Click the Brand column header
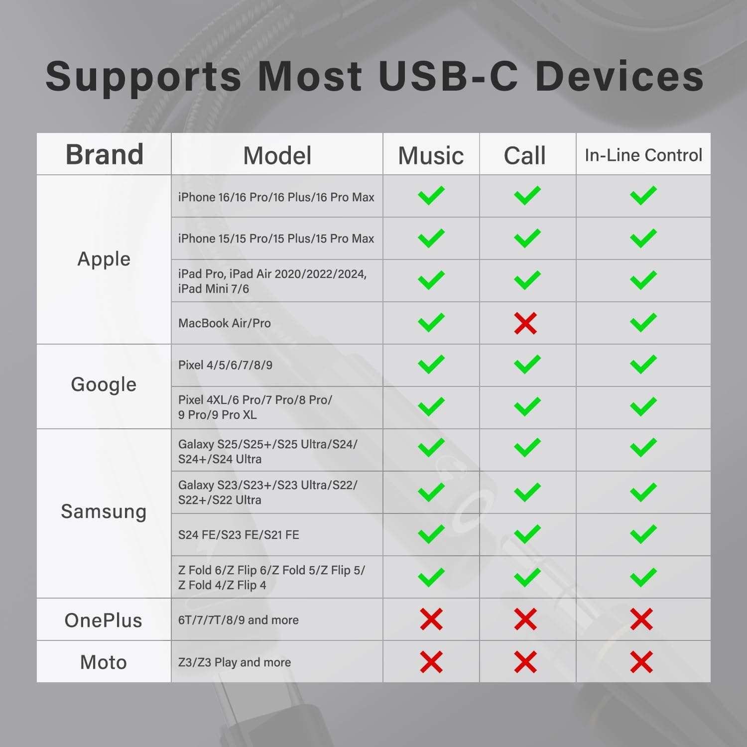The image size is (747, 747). tap(105, 154)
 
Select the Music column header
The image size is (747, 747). tap(431, 155)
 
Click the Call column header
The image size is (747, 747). tap(525, 155)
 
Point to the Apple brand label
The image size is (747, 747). tap(104, 259)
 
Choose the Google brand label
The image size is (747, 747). tap(104, 384)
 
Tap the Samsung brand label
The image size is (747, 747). tap(104, 511)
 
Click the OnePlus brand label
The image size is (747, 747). tap(104, 621)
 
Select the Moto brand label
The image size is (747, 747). tap(104, 662)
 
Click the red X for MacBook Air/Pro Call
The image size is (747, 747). tap(525, 323)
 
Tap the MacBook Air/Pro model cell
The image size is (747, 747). tap(225, 323)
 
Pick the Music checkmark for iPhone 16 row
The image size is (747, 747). tap(431, 196)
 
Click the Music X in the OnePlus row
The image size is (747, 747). tap(431, 620)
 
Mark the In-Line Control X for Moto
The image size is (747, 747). tap(641, 662)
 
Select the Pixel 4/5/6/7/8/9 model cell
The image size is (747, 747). tap(225, 365)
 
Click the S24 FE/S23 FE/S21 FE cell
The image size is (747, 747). tap(239, 535)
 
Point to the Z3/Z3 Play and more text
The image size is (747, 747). tap(235, 662)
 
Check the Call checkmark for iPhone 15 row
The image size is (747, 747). tap(527, 238)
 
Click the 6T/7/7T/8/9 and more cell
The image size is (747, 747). tap(239, 620)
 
